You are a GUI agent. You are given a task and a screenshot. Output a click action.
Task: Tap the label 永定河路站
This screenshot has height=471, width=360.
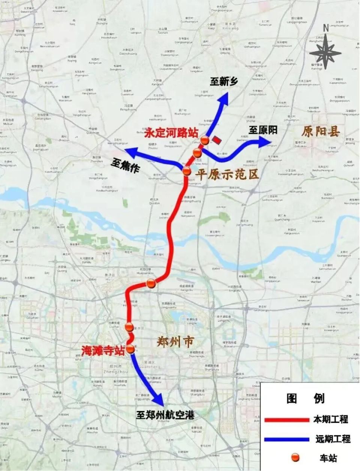(171, 133)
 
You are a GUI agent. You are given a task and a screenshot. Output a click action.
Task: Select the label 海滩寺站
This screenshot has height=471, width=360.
(103, 351)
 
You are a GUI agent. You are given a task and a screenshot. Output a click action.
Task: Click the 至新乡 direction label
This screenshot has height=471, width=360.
(223, 81)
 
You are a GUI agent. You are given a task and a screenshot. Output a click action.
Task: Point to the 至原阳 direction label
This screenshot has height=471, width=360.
(263, 130)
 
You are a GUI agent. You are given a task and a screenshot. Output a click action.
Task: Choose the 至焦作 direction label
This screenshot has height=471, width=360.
(125, 166)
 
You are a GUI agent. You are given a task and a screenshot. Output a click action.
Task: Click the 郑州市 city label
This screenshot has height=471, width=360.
(175, 342)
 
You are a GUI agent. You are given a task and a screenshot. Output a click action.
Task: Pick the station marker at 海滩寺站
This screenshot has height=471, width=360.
(130, 349)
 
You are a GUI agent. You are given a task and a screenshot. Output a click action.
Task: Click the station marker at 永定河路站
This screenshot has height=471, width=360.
(204, 140)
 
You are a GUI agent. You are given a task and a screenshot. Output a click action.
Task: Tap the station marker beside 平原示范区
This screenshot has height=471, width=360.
(187, 172)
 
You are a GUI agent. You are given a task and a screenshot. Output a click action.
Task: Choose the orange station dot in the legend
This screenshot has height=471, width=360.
(296, 457)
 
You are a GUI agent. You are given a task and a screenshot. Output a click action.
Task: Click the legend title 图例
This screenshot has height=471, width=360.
(305, 398)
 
